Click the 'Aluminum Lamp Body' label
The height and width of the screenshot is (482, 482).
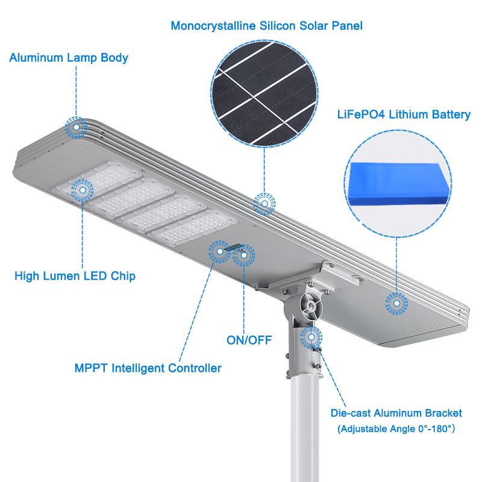(x=69, y=58)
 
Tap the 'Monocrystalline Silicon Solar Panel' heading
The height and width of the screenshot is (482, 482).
(x=266, y=26)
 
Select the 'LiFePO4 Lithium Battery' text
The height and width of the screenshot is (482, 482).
(x=403, y=114)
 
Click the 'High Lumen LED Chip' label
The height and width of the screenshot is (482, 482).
(x=75, y=276)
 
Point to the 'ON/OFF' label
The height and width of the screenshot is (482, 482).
(x=249, y=340)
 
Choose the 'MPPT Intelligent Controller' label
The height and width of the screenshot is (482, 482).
(x=148, y=368)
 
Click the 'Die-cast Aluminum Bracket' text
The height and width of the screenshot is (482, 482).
(x=396, y=413)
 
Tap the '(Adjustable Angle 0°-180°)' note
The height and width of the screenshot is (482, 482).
(x=396, y=429)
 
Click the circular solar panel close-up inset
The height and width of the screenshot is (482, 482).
(x=264, y=96)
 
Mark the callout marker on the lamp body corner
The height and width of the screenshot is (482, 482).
(x=76, y=127)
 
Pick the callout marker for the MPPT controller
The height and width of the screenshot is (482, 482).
(x=218, y=251)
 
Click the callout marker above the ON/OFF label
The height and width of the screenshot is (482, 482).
(x=243, y=255)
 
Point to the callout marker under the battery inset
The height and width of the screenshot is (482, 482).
(x=396, y=304)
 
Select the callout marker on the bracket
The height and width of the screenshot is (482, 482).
(x=311, y=337)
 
